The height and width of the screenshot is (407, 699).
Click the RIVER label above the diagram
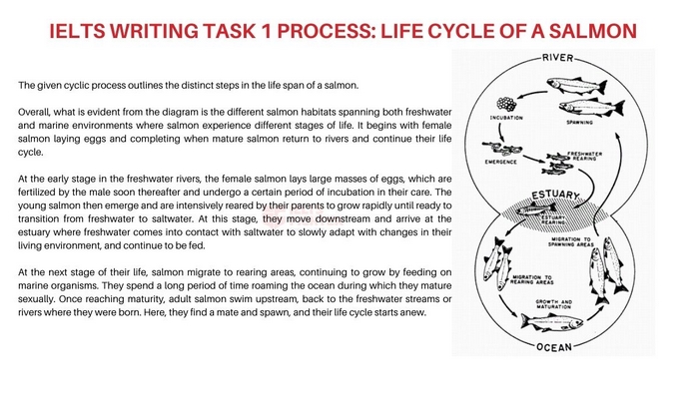pos(557,58)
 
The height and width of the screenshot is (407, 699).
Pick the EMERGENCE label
pos(499,161)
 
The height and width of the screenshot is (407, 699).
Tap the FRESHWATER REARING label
pos(585,156)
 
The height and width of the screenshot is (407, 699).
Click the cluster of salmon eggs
pos(507,104)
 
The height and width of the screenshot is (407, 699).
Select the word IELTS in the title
pos(85,32)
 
